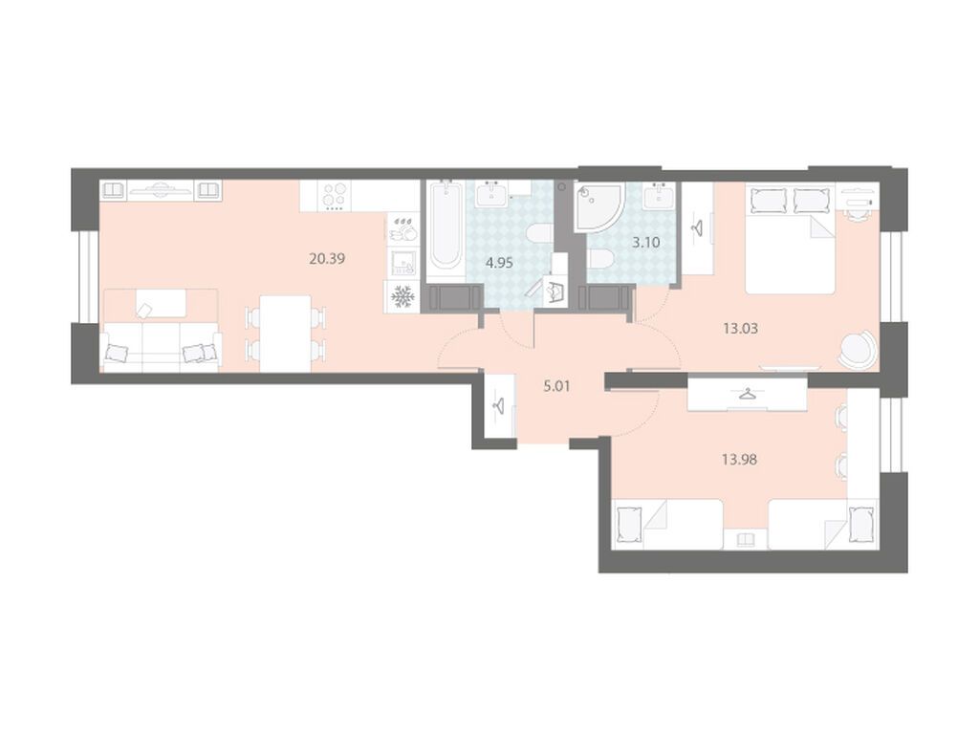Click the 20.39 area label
click(x=327, y=258)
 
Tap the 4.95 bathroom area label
click(x=499, y=263)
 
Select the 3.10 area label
click(x=645, y=242)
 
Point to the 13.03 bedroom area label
click(x=741, y=328)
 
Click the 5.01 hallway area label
click(x=556, y=386)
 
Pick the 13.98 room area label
click(x=739, y=460)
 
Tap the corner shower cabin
click(x=598, y=207)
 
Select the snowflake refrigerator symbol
click(x=402, y=296)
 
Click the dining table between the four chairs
click(x=285, y=334)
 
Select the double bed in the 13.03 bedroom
click(x=791, y=241)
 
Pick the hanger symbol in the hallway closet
click(x=499, y=405)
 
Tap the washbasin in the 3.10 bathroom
click(x=659, y=197)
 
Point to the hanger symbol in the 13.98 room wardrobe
click(x=746, y=395)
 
